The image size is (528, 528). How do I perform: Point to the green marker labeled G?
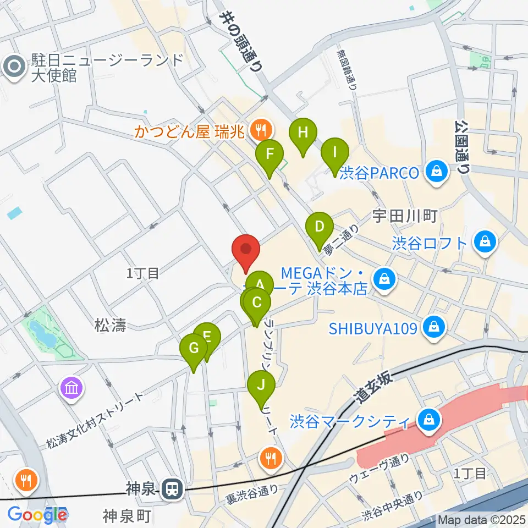[194, 349]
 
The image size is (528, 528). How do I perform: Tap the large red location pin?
[246, 250]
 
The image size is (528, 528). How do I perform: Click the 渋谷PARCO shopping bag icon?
[436, 173]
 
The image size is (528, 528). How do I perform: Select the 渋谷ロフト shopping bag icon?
[486, 241]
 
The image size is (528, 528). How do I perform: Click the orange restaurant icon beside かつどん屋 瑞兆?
[259, 130]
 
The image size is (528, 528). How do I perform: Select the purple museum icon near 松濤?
[73, 388]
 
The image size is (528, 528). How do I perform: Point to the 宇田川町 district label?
[405, 216]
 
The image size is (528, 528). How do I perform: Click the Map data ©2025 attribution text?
[481, 519]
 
